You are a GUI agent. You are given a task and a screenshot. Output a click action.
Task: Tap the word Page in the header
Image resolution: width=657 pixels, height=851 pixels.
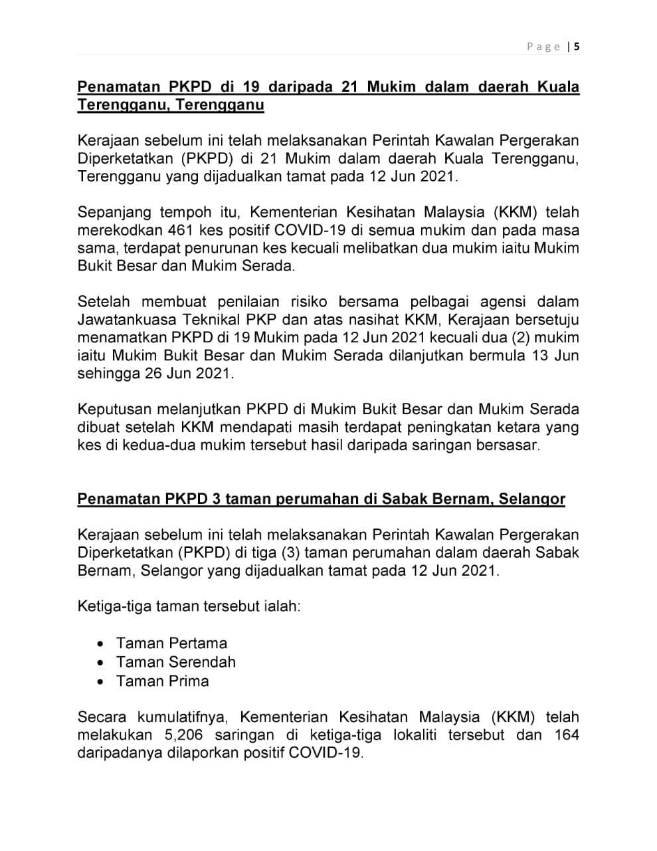[544, 47]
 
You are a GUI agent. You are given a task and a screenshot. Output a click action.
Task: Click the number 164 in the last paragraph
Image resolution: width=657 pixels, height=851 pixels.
[566, 735]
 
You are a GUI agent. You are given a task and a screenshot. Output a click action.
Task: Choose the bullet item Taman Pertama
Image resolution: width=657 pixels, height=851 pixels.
[171, 643]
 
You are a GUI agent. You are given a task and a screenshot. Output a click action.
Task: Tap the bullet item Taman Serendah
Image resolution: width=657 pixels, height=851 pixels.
[175, 662]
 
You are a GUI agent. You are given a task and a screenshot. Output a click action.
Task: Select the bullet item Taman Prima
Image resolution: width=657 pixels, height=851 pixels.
[162, 681]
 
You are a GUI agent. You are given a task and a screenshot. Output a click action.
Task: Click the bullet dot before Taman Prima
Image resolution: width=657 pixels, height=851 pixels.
[100, 681]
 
